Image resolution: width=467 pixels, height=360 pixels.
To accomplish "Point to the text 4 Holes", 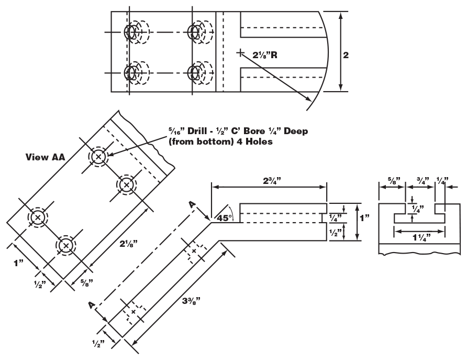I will (253, 141).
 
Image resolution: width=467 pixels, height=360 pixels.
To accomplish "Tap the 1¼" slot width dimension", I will (419, 238).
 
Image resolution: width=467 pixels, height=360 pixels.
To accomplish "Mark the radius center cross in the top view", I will (240, 52).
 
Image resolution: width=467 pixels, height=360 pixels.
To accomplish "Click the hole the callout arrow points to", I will (98, 157).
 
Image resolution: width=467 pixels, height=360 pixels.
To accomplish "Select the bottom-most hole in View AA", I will (66, 245).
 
